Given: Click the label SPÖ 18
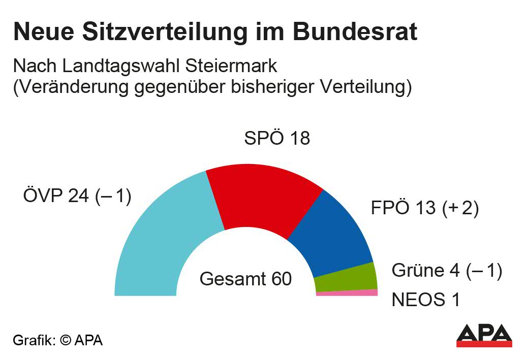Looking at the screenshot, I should (x=277, y=139).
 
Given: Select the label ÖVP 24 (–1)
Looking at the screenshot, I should (x=77, y=196).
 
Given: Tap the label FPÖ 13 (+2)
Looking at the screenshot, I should (x=425, y=209).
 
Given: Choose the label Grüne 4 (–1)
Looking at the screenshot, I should (x=447, y=271).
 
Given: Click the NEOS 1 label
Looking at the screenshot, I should (x=426, y=300).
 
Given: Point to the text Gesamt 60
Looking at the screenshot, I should (x=245, y=279).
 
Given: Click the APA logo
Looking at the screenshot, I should (x=483, y=334).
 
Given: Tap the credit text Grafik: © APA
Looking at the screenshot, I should (x=57, y=340).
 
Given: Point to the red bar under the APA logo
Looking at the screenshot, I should (x=483, y=344).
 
